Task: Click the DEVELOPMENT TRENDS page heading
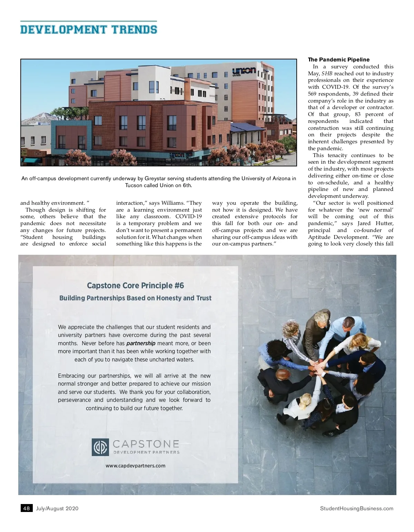(89, 29)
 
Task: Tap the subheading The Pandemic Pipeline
(338, 60)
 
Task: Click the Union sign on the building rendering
(244, 71)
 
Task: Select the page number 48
(26, 508)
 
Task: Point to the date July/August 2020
(57, 508)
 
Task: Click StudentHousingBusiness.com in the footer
(356, 508)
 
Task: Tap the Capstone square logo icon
(100, 447)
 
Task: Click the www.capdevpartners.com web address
(135, 466)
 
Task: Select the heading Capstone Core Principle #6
(135, 286)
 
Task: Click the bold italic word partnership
(141, 343)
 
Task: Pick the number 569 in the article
(312, 94)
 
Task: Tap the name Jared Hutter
(375, 223)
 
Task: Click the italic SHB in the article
(327, 74)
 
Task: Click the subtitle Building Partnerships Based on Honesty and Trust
(135, 298)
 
